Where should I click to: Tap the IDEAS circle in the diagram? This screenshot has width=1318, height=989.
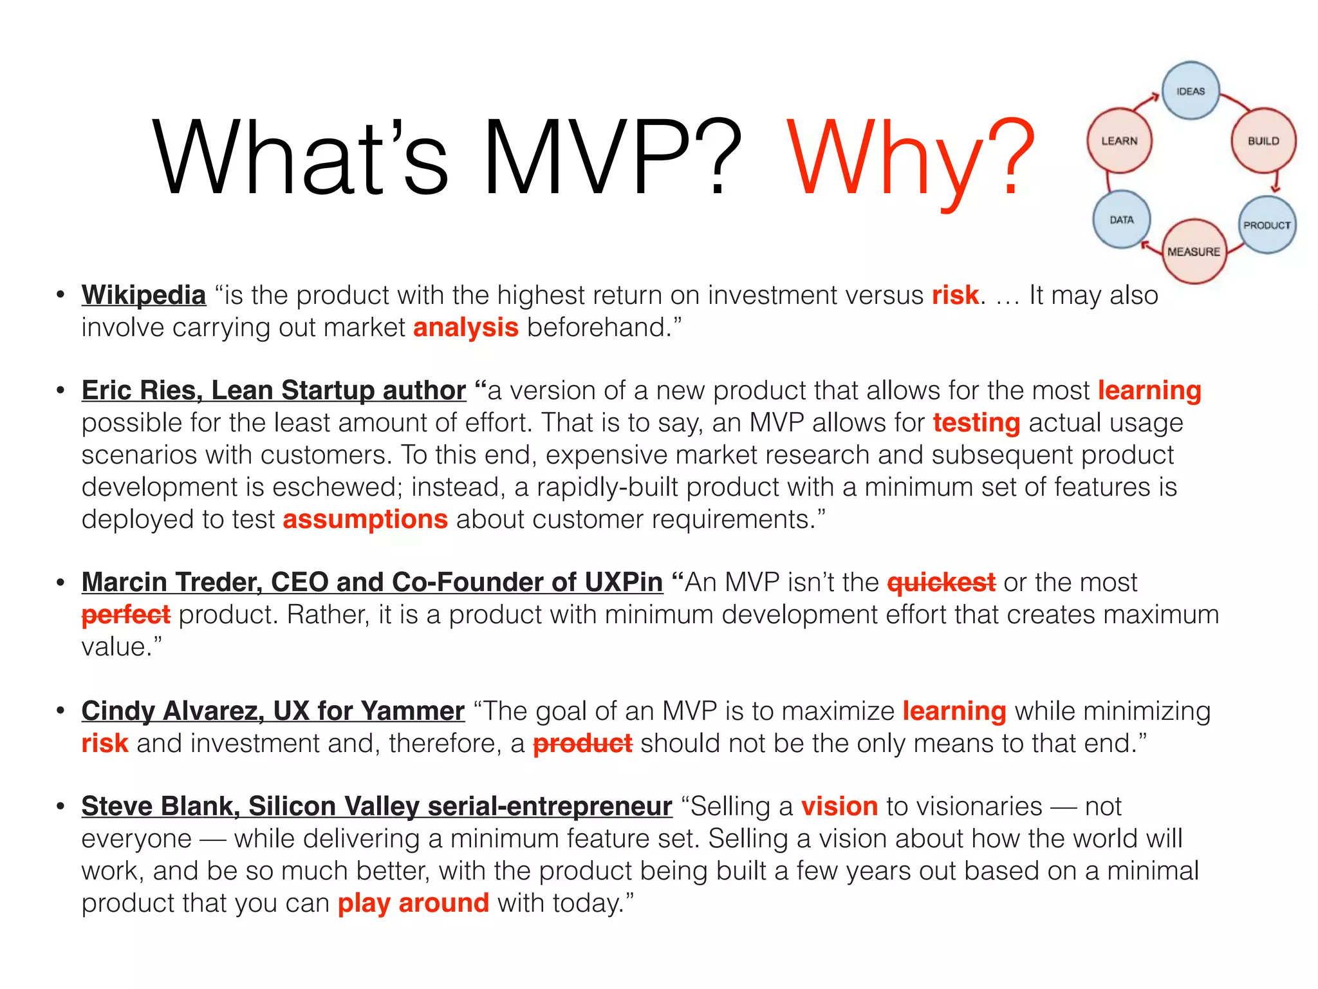click(1191, 91)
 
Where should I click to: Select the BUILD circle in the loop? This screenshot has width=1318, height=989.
click(1263, 140)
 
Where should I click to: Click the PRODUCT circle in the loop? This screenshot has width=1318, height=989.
click(1267, 225)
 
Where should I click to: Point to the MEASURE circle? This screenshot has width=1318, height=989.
click(1194, 251)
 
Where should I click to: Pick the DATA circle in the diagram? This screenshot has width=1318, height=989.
click(1122, 220)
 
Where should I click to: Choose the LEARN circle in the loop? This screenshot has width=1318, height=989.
click(1119, 140)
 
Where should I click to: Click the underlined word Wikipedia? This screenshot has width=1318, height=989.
click(144, 296)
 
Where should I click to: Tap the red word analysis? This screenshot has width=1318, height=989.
click(465, 328)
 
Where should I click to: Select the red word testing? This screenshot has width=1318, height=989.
click(976, 423)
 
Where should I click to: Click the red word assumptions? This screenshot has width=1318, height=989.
click(365, 519)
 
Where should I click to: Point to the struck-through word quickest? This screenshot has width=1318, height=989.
click(941, 582)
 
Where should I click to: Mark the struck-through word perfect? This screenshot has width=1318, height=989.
click(126, 614)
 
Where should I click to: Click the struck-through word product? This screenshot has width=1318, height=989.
click(582, 744)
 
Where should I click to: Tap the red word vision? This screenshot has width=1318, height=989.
click(839, 806)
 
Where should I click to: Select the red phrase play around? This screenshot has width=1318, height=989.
click(413, 903)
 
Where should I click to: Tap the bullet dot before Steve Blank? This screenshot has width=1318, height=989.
click(60, 806)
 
